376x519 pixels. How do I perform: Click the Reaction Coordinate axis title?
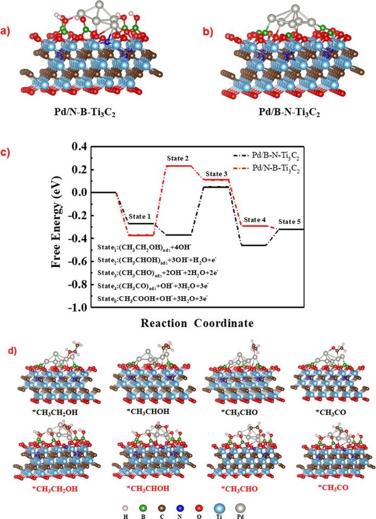click(x=197, y=323)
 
